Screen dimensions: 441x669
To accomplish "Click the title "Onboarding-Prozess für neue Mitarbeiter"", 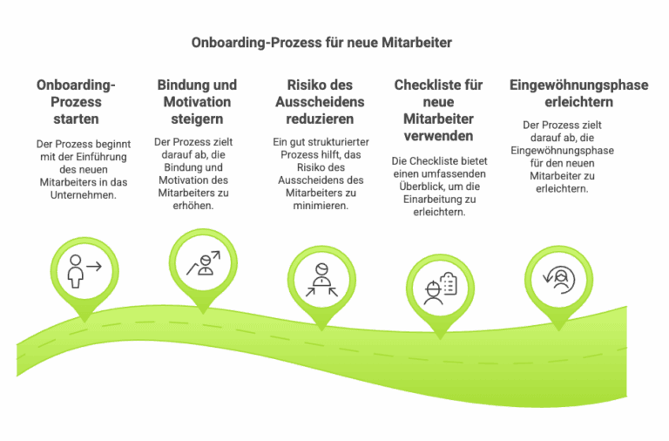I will point(321,42).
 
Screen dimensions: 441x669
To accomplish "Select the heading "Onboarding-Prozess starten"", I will point(76,101).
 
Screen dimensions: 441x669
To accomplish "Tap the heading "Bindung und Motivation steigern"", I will point(197,101).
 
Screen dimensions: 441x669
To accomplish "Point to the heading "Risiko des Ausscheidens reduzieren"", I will point(320,101).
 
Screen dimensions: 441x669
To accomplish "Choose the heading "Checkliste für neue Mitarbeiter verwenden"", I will point(438,111).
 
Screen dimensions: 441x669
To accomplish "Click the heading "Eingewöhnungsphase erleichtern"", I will point(566,93).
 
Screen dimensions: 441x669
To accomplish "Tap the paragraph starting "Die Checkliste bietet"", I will point(438,186).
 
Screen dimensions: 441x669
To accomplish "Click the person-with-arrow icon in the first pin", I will point(84,272).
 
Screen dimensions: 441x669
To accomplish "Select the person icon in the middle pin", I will point(321,281).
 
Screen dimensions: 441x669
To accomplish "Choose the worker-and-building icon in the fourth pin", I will point(440,288).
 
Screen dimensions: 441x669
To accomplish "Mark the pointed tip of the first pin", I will point(84,320).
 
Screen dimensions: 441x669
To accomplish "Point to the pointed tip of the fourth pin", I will point(440,336).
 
